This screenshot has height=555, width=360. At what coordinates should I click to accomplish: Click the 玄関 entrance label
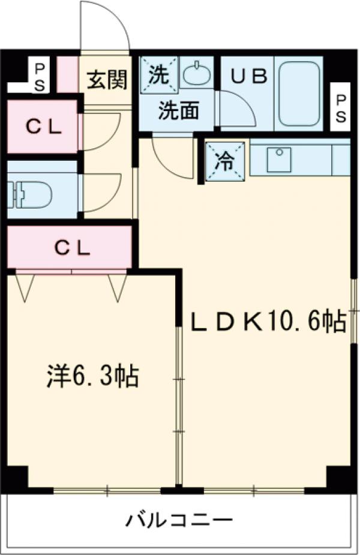pos(106,79)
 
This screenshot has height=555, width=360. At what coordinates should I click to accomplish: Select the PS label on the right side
pos(340,109)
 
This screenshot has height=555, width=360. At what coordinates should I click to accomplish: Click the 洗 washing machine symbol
pos(160,75)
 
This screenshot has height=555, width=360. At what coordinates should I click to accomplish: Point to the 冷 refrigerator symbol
pos(226,161)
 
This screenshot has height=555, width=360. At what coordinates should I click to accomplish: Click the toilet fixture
pos(30,193)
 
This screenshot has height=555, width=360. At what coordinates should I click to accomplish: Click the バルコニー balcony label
pos(178,518)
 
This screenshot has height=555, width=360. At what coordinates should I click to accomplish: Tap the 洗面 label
pos(178,112)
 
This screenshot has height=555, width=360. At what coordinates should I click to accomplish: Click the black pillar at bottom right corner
pos(338,478)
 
